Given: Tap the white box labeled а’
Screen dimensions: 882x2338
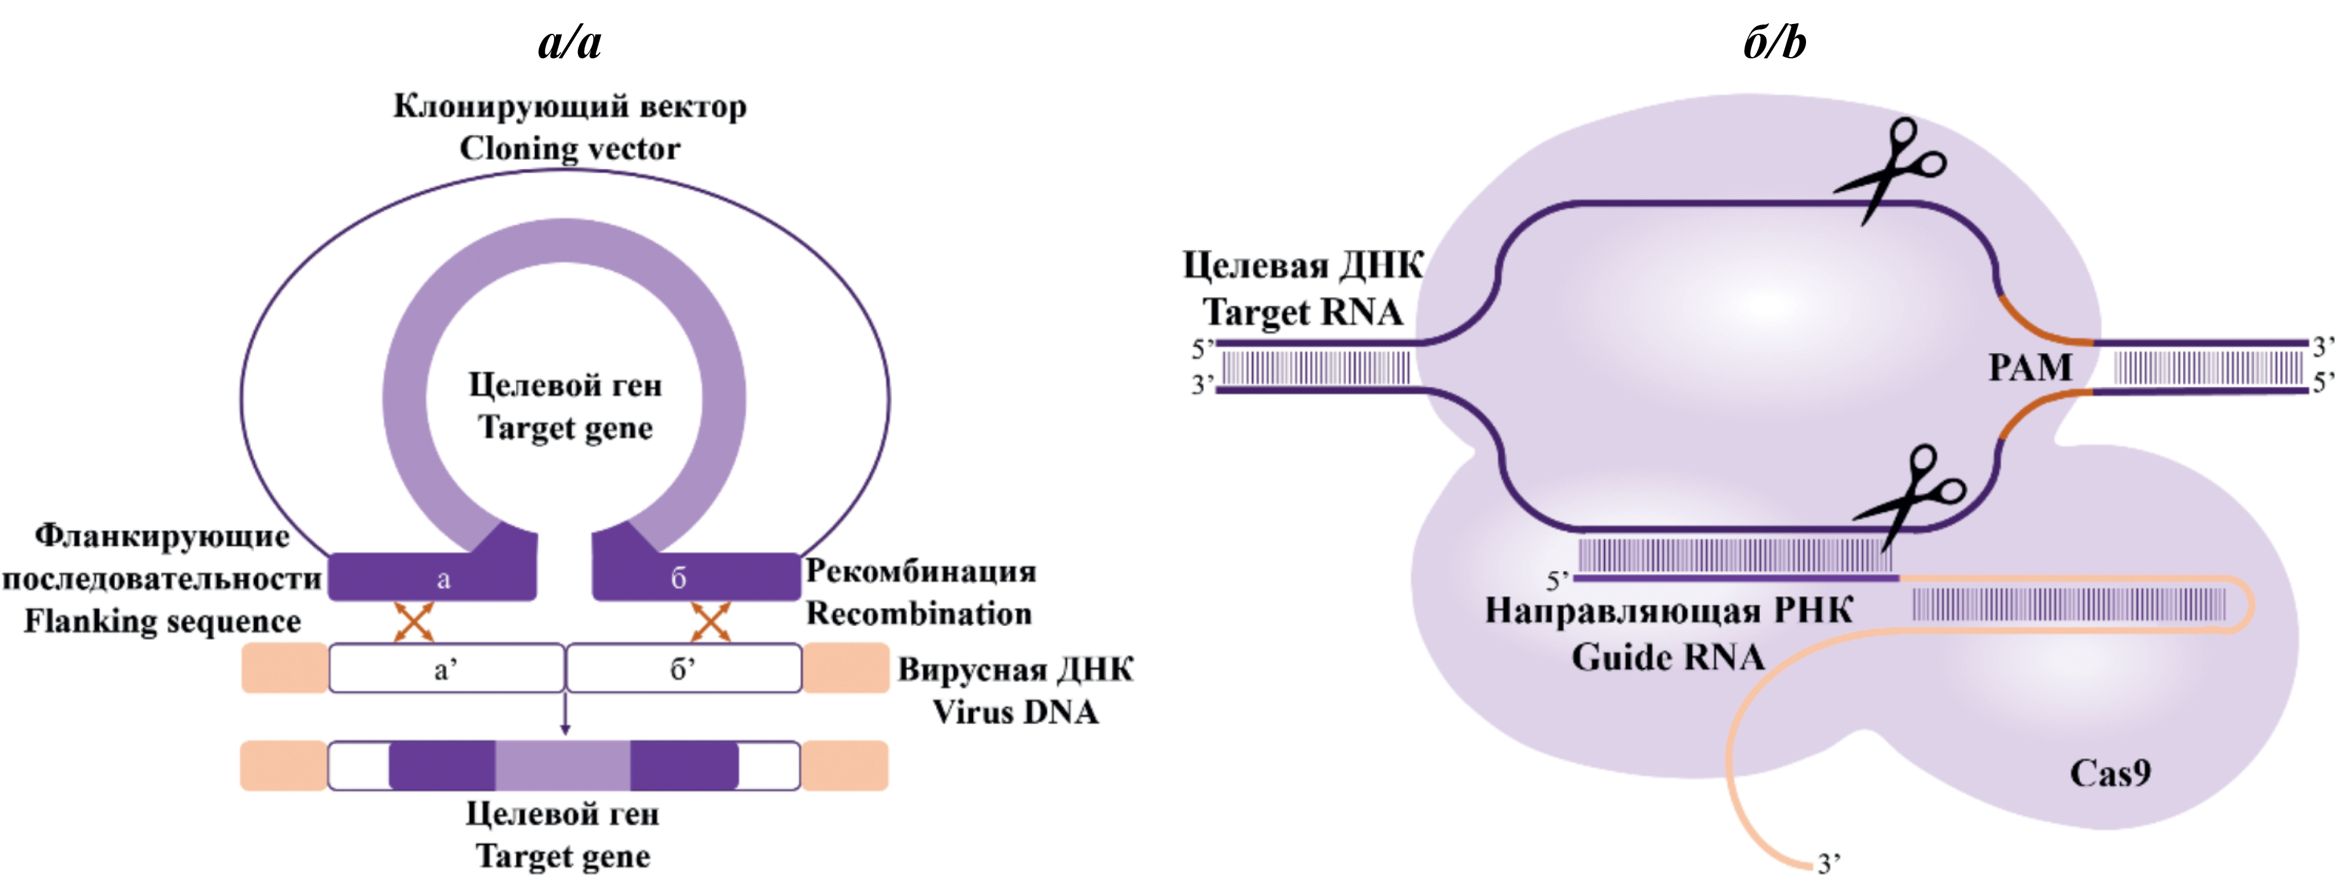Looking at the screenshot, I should [x=445, y=669].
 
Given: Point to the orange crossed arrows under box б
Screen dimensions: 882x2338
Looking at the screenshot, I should [x=711, y=622].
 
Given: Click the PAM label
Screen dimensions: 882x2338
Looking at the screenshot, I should [x=2030, y=367].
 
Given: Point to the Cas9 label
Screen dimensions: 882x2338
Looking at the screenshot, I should [x=2109, y=773].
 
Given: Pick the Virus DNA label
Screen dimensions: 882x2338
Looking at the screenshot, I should [x=1015, y=712].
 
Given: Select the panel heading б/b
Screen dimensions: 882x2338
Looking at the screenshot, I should [x=1774, y=42].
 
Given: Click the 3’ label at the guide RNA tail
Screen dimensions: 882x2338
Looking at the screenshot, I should [x=1829, y=862].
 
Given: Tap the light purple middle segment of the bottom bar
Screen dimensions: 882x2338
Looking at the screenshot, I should [x=563, y=765].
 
